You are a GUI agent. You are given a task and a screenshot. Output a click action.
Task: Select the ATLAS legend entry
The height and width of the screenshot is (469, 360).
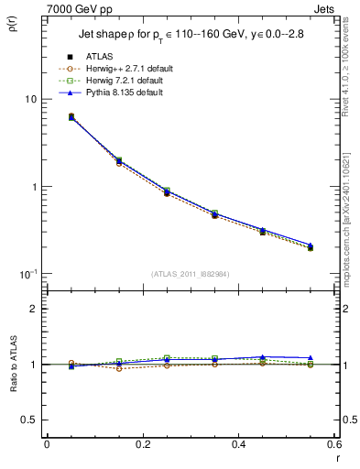(99, 57)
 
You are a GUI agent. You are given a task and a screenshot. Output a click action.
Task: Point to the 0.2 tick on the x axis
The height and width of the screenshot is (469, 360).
(142, 444)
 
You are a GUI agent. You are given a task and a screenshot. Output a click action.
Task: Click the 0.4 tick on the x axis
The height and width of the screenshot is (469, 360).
(238, 444)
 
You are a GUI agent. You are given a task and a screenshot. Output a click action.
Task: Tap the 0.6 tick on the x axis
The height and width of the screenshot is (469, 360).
(333, 444)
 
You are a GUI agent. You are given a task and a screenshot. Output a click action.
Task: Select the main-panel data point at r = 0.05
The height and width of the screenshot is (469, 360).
(71, 117)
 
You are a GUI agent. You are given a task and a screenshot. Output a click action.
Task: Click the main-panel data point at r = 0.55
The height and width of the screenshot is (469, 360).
(310, 247)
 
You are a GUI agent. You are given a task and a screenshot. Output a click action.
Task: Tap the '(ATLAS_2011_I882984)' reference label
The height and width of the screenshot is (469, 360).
(191, 273)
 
